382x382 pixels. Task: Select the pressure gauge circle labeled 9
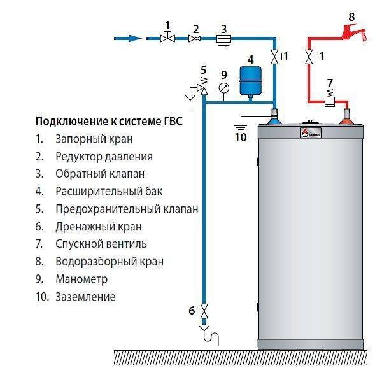(x=223, y=88)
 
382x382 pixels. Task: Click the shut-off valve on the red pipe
(x=310, y=59)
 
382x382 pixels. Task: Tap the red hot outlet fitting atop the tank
(x=348, y=115)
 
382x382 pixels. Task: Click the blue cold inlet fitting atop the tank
(x=274, y=115)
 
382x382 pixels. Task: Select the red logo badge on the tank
(x=304, y=133)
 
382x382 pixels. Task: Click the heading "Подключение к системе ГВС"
(x=108, y=122)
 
